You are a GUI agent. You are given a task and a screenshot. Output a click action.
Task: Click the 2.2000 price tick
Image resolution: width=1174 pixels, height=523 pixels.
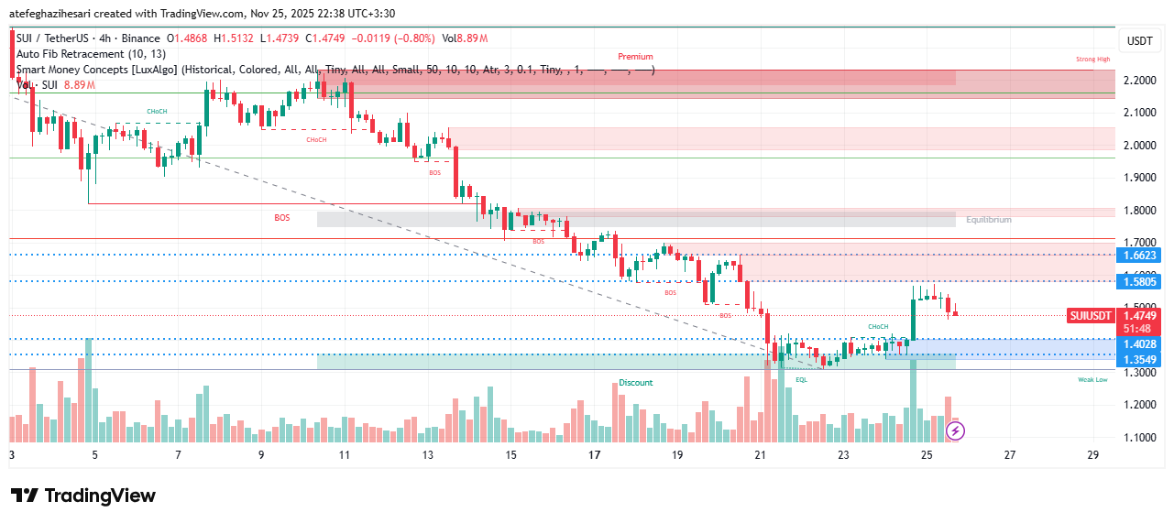click(1139, 81)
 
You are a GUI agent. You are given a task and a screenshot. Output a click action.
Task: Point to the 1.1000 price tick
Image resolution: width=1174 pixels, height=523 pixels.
click(1139, 438)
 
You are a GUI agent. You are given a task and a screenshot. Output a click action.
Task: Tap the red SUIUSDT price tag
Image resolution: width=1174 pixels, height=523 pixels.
click(1091, 316)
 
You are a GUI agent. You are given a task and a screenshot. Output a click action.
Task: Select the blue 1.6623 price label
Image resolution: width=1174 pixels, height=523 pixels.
click(1139, 256)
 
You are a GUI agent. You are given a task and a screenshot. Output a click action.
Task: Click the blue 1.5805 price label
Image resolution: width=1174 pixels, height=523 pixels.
click(1139, 282)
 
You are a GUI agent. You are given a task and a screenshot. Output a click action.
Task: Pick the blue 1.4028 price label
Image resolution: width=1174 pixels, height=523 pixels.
click(1139, 343)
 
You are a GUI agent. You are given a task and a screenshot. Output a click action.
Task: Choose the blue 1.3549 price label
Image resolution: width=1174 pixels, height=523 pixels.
click(1139, 359)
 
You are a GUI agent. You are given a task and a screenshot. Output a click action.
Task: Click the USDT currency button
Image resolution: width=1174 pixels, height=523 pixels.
click(1139, 40)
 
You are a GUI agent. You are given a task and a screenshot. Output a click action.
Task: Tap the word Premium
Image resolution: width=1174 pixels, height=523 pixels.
click(635, 57)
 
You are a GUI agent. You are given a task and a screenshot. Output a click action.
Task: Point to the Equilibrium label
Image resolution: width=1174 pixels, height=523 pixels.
click(989, 220)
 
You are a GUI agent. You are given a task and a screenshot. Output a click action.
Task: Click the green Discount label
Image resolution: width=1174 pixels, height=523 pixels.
click(635, 383)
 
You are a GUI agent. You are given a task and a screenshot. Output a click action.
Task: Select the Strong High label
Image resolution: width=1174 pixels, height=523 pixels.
click(1092, 60)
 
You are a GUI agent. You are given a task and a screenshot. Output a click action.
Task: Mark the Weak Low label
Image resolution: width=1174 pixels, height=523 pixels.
click(1092, 379)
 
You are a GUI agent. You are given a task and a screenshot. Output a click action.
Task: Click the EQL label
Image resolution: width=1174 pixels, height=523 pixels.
click(801, 379)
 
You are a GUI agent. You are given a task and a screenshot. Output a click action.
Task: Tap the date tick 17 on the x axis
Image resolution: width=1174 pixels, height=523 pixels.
click(594, 455)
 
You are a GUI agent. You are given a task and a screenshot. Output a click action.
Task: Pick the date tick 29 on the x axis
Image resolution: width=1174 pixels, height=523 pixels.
click(1092, 455)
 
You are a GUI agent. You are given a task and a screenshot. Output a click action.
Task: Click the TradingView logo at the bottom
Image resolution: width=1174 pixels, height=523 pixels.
click(83, 496)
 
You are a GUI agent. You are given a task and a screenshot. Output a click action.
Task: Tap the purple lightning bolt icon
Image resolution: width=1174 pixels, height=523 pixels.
click(954, 429)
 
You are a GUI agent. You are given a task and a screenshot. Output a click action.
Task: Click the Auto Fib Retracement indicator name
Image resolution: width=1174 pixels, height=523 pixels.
click(78, 54)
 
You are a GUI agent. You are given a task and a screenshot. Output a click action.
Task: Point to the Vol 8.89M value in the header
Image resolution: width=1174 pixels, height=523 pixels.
click(465, 38)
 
